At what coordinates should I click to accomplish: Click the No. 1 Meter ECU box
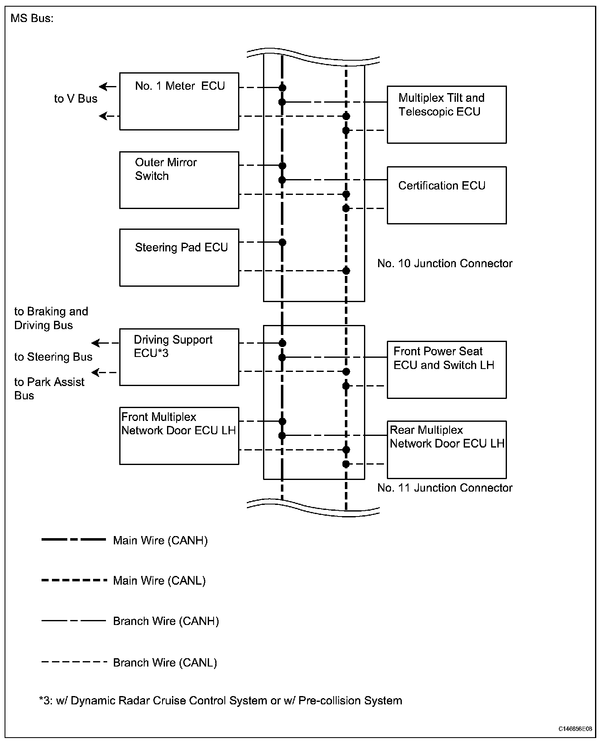click(179, 101)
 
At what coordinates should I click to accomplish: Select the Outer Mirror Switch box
click(179, 180)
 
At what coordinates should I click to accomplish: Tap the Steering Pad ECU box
click(179, 257)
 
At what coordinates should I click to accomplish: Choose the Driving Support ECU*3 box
click(179, 357)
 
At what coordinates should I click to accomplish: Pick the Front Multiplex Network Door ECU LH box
click(179, 435)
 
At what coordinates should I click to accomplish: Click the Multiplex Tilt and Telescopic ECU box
click(447, 115)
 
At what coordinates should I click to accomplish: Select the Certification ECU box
click(447, 195)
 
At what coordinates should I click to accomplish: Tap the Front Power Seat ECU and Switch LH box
click(447, 370)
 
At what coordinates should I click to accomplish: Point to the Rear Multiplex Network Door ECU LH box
click(447, 450)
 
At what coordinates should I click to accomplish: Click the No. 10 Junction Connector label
click(445, 263)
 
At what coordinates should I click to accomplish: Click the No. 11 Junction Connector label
click(445, 488)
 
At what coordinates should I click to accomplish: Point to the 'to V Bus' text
click(76, 99)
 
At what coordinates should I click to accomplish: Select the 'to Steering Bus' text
click(53, 357)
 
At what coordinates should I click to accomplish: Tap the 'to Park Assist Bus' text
click(49, 389)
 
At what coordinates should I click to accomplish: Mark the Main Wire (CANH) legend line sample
click(74, 540)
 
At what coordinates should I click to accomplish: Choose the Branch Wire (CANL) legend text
click(165, 662)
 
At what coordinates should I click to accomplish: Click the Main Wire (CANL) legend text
click(159, 581)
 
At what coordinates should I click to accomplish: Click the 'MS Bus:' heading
click(32, 19)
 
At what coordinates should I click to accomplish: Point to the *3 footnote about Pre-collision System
click(221, 701)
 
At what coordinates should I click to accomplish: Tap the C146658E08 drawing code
click(575, 729)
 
